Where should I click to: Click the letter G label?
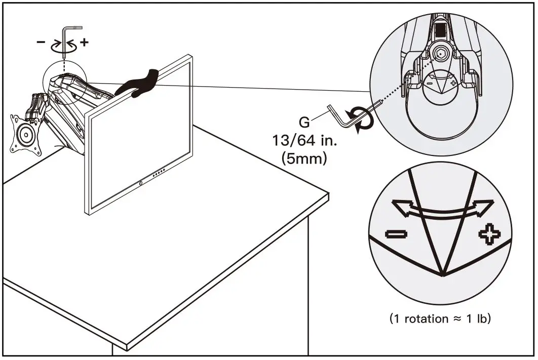pos(304,122)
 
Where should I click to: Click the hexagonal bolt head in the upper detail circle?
pos(441,52)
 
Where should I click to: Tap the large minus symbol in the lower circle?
pos(395,233)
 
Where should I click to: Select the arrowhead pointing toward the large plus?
pos(485,206)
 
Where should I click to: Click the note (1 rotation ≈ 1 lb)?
pos(440,319)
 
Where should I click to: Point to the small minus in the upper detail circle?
pos(429,81)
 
